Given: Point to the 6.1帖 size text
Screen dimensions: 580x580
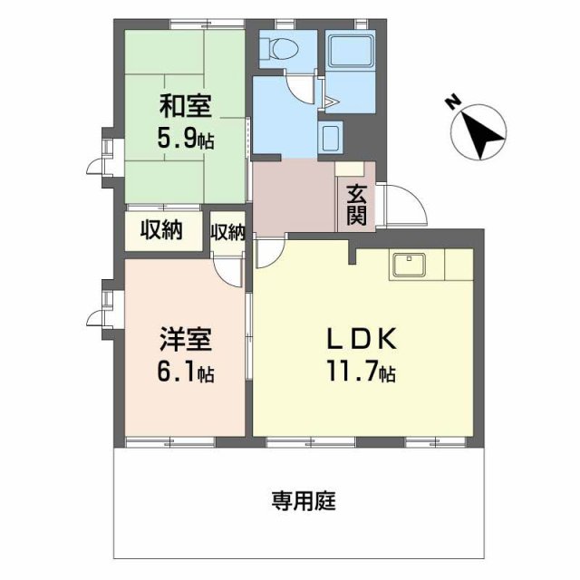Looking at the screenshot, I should coord(187,372).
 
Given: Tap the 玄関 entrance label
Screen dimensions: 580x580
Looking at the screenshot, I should coord(355,204).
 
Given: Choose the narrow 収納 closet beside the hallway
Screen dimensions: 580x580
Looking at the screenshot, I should coord(227,232).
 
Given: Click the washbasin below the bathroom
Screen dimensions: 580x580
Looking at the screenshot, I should coord(331,138).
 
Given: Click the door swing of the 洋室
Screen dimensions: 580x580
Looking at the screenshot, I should coord(230,269).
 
